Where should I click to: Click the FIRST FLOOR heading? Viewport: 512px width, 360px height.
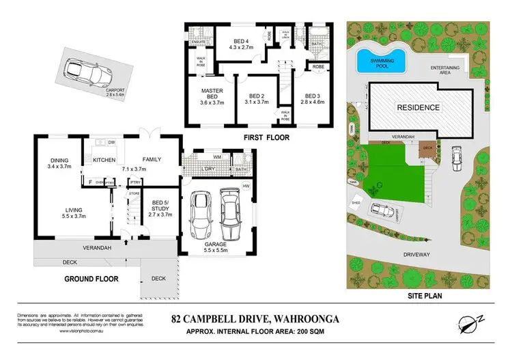266,137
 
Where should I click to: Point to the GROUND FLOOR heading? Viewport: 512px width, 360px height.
91,279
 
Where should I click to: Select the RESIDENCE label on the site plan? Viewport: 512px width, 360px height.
419,108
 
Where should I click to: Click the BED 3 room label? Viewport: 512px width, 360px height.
313,96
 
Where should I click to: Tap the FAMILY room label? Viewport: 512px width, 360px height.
152,160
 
